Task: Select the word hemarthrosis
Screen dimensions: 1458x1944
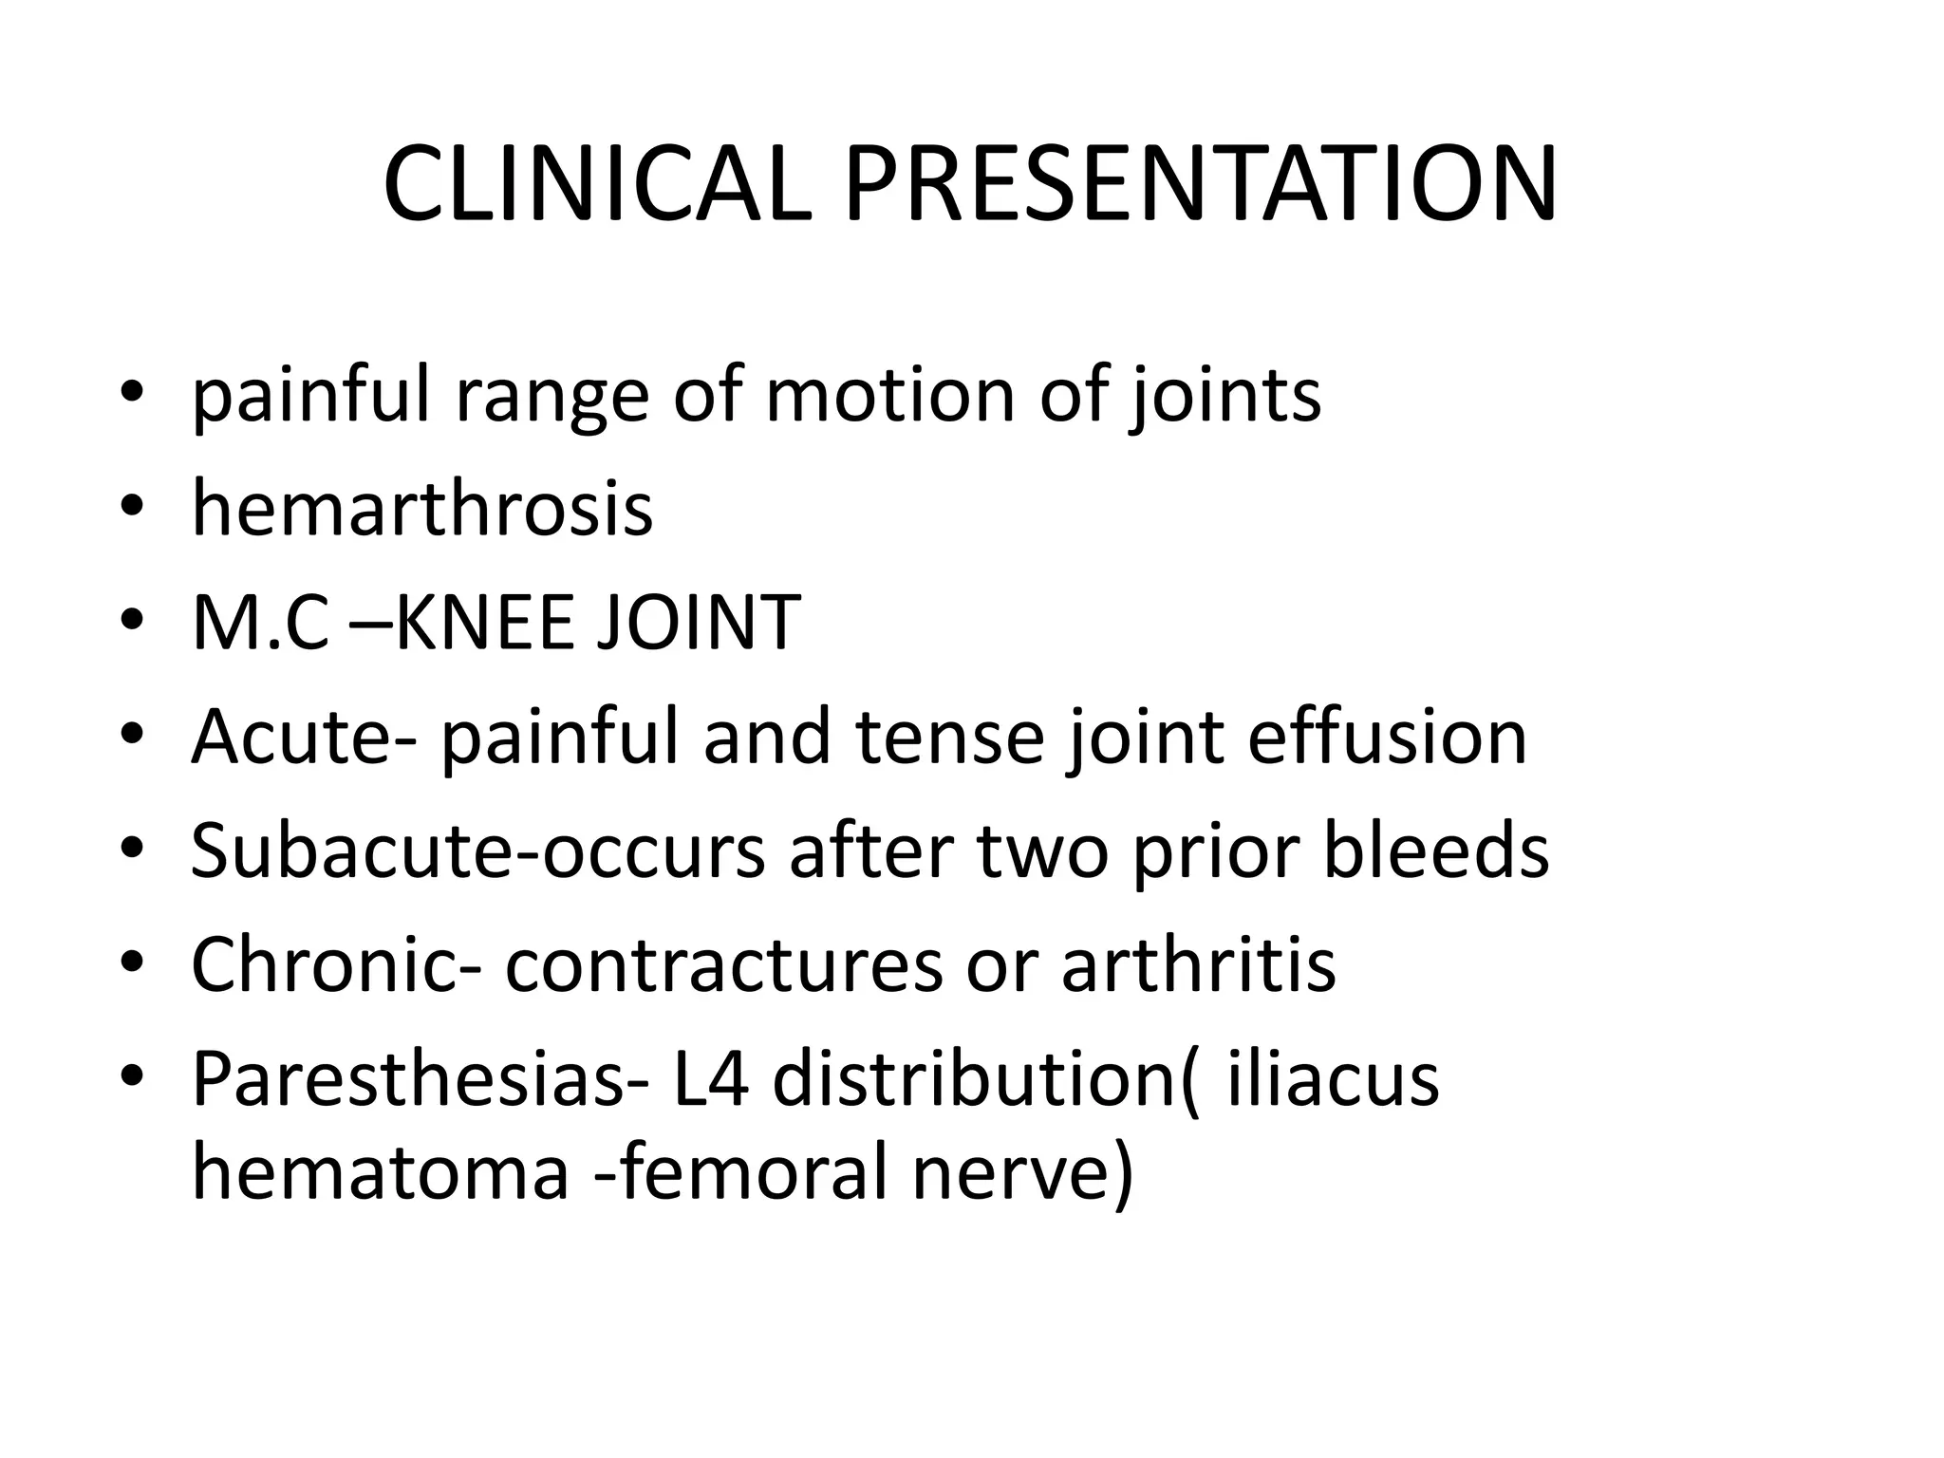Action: pyautogui.click(x=422, y=509)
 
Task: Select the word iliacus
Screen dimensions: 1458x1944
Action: pyautogui.click(x=1333, y=1078)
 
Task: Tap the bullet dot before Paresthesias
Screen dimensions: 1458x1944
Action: pyautogui.click(x=132, y=1080)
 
